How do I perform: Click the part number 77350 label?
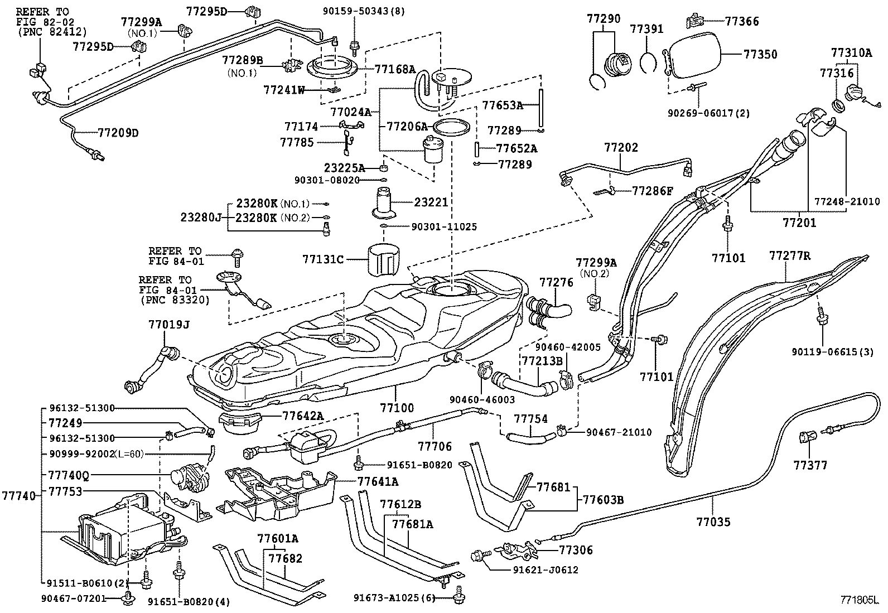[x=760, y=55]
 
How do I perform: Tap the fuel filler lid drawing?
[x=692, y=55]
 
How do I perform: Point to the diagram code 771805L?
[x=860, y=601]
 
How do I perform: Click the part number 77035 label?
[x=712, y=522]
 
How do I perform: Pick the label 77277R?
[x=789, y=256]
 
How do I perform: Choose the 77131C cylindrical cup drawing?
[x=384, y=259]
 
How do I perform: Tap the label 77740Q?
[x=68, y=476]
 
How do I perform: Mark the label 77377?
[x=810, y=465]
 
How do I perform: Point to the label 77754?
[x=530, y=418]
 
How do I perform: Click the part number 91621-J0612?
[x=545, y=569]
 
